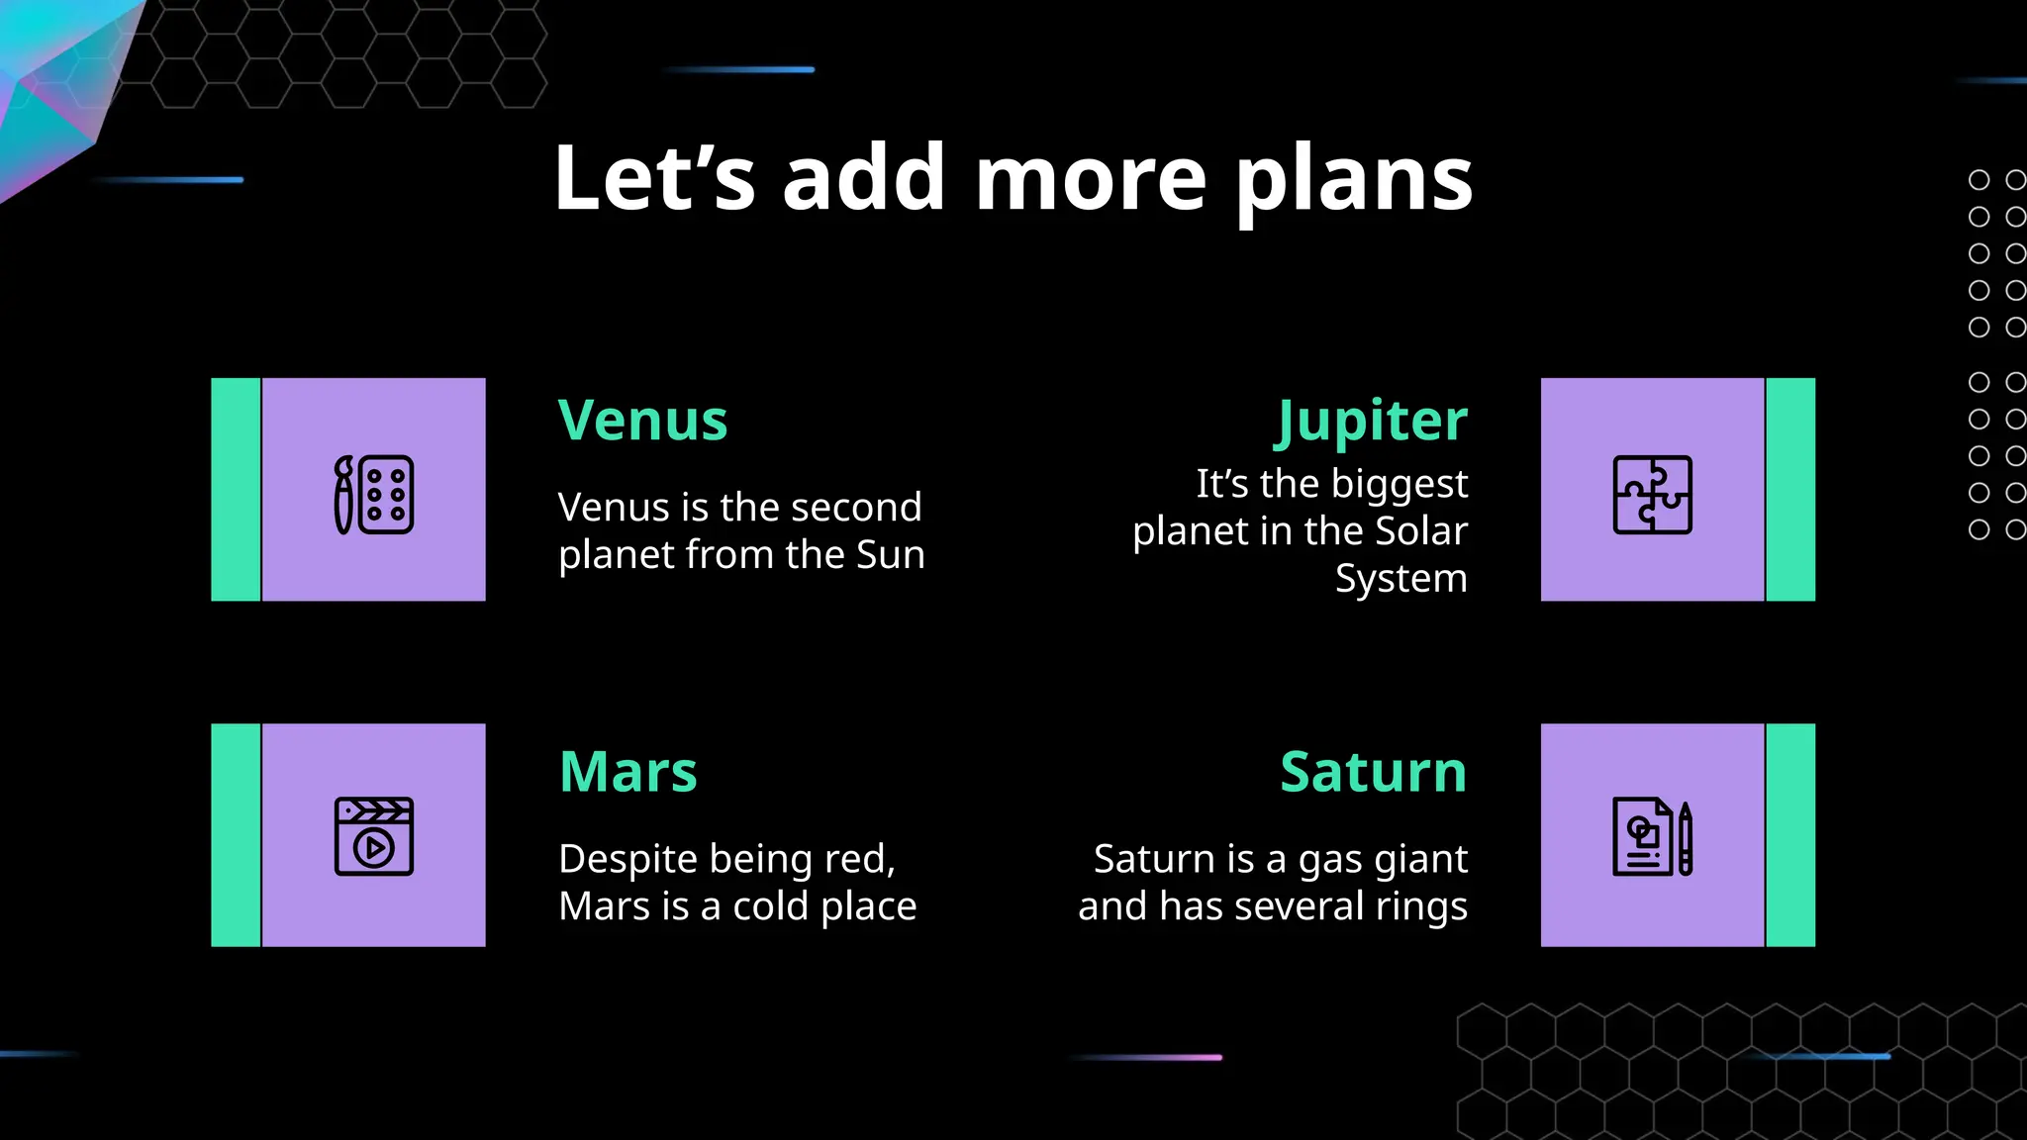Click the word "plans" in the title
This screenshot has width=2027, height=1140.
(x=1353, y=180)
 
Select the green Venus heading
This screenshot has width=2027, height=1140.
(x=642, y=421)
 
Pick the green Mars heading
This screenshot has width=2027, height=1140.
(x=627, y=772)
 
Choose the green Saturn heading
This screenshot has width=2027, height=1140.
(x=1373, y=772)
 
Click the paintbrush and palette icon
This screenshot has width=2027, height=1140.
(x=374, y=495)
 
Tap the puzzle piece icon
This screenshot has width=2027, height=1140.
(x=1652, y=495)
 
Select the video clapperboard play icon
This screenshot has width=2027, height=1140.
(x=374, y=836)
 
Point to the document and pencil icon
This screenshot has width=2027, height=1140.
(x=1652, y=836)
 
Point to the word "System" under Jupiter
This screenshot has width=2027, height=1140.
(x=1400, y=578)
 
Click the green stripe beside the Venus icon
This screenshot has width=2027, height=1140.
(x=236, y=489)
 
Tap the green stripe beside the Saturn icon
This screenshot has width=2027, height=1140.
(x=1790, y=835)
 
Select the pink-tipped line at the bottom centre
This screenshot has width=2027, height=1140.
(x=1148, y=1057)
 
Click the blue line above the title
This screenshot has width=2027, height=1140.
(x=740, y=69)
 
